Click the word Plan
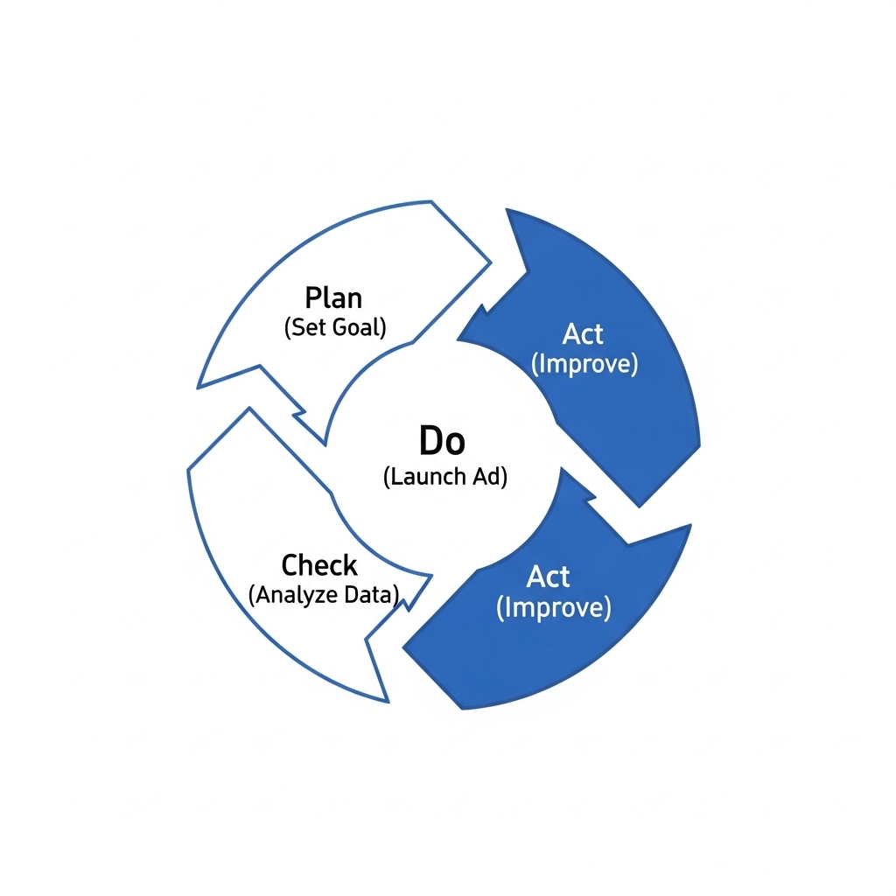point(333,297)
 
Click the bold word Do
point(442,441)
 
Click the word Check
point(319,565)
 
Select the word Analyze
point(297,595)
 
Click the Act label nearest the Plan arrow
point(582,333)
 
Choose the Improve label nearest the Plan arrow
point(584,364)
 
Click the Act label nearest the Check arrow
point(548,577)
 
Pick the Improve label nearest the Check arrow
point(554,607)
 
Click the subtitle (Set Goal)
point(335,327)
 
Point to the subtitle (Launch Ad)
point(445,477)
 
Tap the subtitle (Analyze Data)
point(324,595)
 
